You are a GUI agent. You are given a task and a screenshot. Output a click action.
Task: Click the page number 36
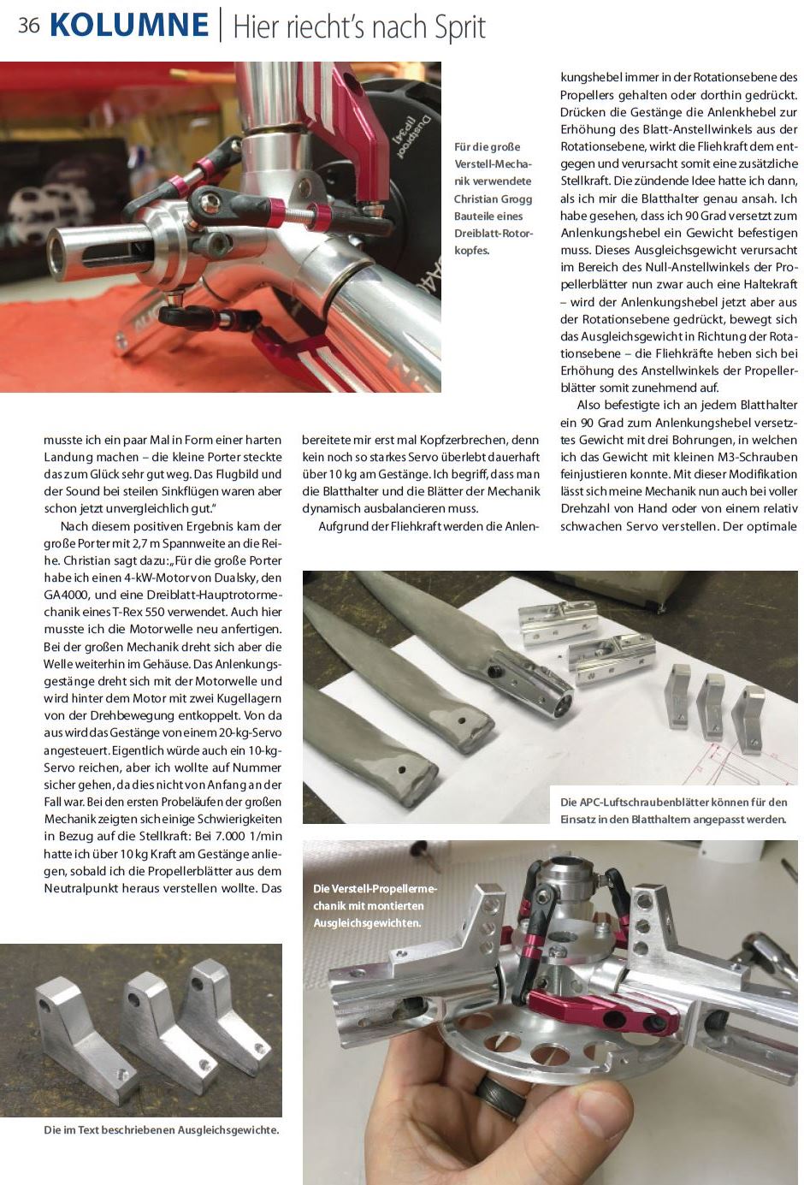tap(28, 25)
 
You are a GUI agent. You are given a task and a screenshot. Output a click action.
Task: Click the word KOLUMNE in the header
tap(129, 25)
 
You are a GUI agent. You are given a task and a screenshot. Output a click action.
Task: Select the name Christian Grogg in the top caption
tap(493, 198)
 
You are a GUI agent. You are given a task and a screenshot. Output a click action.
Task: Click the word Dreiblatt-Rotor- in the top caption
tap(493, 234)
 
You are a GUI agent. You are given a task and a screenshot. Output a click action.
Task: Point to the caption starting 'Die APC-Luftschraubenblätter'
tap(673, 810)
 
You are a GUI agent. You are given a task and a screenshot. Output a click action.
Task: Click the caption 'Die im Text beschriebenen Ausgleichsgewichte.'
tap(161, 1130)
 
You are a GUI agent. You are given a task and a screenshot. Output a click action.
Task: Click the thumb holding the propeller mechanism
tap(590, 1125)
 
